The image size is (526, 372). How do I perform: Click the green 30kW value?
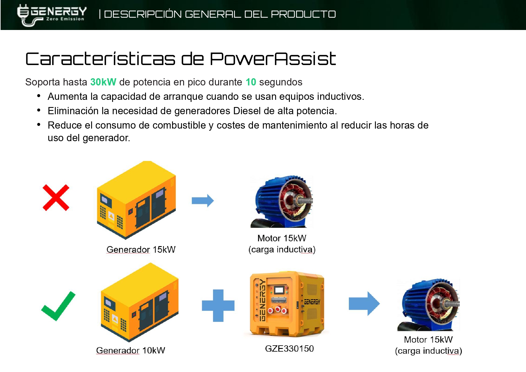[103, 82]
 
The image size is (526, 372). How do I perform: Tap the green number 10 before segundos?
[251, 82]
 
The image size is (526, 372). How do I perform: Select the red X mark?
[56, 198]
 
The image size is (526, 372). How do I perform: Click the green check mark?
[58, 306]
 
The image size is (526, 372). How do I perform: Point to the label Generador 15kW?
[141, 249]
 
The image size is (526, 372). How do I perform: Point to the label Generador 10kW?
[131, 350]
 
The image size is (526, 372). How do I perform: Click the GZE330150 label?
[290, 349]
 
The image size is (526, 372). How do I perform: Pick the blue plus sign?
[218, 305]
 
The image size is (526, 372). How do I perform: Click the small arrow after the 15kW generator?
[203, 201]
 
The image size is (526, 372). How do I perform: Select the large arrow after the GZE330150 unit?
[364, 304]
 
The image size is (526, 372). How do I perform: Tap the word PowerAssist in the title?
[273, 59]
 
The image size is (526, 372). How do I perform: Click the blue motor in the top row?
[282, 201]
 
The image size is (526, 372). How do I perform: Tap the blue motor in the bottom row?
[429, 305]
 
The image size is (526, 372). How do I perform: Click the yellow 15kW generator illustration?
[136, 200]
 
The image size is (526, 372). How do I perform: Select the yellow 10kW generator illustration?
[140, 302]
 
